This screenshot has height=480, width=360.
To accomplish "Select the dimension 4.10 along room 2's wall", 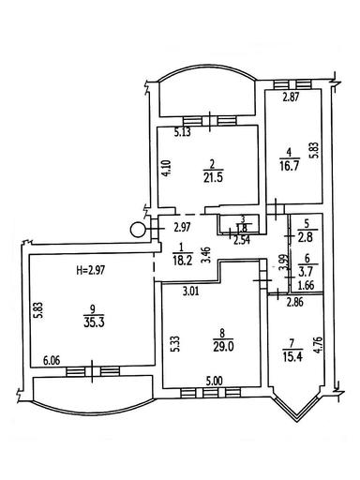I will coord(165,170).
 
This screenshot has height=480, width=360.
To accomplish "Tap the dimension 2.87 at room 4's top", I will coord(292,97).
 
